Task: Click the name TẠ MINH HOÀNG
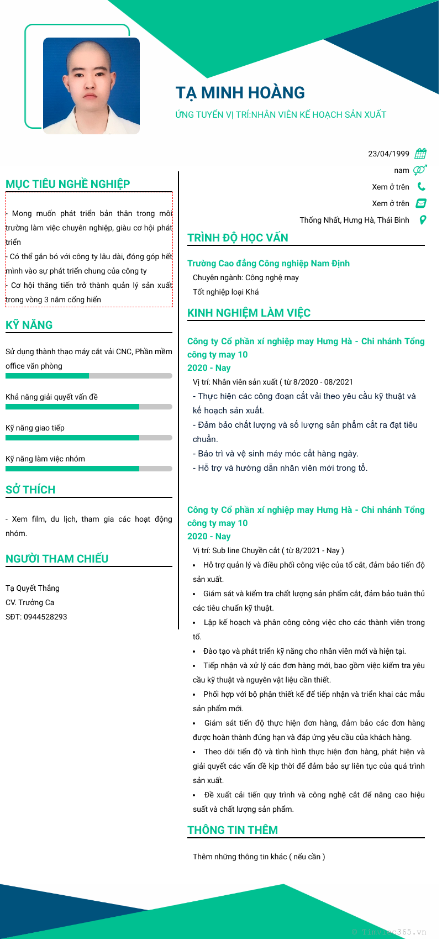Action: [240, 93]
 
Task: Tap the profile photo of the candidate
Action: [91, 86]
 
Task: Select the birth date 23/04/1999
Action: [388, 154]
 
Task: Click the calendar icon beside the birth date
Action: [421, 154]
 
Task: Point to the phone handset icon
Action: [421, 187]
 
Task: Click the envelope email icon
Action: [421, 203]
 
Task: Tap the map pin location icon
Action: [423, 220]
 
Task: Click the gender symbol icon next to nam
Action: [420, 170]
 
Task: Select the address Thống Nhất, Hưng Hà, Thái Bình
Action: [354, 220]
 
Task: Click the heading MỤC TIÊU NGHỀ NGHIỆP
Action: [68, 184]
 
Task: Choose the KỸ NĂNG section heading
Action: [29, 325]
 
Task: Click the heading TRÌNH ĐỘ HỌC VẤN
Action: [238, 238]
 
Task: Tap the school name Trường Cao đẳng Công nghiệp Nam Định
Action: [268, 264]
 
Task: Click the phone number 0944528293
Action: [45, 617]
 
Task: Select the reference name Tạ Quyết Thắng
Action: [33, 588]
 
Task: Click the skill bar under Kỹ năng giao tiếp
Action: [88, 438]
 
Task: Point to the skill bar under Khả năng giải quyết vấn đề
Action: [88, 407]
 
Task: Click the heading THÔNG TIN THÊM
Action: [233, 830]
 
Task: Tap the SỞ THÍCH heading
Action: [30, 490]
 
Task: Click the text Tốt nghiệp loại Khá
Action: [225, 292]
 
